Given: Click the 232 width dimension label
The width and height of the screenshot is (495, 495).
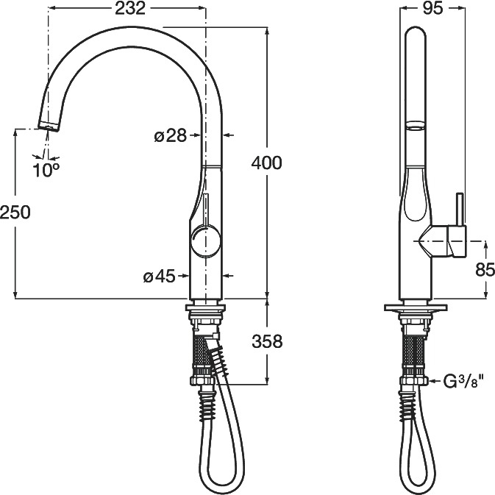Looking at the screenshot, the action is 130,9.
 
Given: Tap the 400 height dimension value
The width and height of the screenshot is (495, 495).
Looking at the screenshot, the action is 266,163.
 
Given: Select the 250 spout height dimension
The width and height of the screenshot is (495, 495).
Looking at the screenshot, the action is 15,212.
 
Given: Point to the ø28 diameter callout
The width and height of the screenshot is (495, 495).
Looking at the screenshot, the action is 171,136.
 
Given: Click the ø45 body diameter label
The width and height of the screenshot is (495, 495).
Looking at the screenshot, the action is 159,277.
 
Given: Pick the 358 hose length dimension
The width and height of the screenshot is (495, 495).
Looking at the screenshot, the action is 267,341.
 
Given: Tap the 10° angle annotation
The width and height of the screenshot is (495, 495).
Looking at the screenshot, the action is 46,171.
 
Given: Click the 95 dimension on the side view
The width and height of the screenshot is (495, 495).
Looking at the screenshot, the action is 432,8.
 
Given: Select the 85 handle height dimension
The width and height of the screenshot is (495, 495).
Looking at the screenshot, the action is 485,270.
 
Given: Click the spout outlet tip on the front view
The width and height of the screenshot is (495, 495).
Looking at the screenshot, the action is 49,126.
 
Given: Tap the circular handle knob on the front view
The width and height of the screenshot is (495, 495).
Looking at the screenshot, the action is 205,240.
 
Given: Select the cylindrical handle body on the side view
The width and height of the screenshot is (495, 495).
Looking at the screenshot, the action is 456,241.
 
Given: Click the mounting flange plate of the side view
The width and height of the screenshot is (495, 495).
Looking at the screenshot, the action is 416,307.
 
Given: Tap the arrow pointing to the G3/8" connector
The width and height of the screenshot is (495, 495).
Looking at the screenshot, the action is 435,381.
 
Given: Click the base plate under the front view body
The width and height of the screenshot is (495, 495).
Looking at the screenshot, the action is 205,307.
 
